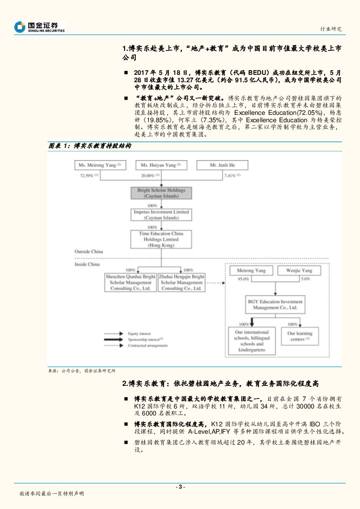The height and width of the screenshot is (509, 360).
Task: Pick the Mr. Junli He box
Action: (222, 165)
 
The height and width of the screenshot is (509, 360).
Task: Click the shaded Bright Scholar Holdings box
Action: (161, 193)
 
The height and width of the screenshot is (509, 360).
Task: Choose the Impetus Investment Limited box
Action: (161, 214)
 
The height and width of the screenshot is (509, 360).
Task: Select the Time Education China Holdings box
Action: (161, 239)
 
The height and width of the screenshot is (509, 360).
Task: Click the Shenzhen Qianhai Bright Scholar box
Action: (131, 282)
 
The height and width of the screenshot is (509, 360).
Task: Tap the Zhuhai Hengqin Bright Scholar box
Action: (182, 282)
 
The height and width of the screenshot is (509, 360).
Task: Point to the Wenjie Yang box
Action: (299, 271)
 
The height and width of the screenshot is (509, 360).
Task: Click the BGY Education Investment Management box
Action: (275, 305)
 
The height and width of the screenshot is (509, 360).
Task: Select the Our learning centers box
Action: (301, 336)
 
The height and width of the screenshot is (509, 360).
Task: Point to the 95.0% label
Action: (243, 279)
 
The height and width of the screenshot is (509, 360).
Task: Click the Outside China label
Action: (89, 251)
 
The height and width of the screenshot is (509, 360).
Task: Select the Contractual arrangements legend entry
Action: (148, 345)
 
